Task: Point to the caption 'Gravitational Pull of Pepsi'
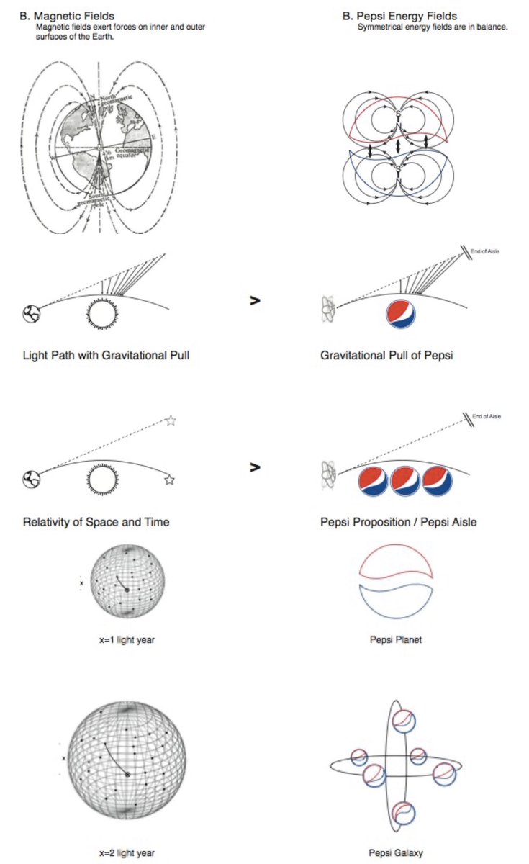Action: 381,356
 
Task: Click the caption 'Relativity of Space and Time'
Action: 96,521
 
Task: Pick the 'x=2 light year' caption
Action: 126,853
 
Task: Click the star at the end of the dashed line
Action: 171,421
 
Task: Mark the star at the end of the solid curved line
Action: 169,480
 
